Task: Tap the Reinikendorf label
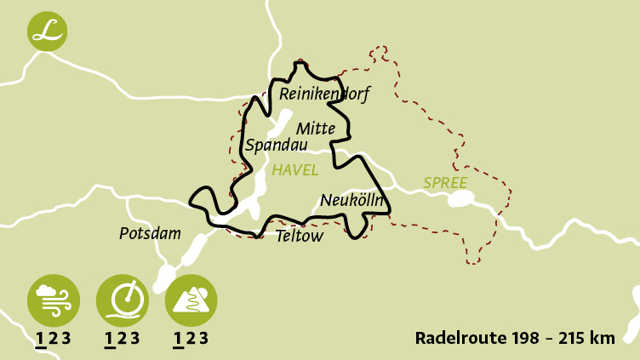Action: pyautogui.click(x=324, y=94)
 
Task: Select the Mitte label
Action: pyautogui.click(x=317, y=129)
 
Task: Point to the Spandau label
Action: pyautogui.click(x=276, y=146)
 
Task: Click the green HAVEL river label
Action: pyautogui.click(x=294, y=170)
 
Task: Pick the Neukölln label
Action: pyautogui.click(x=352, y=202)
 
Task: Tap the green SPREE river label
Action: pyautogui.click(x=445, y=183)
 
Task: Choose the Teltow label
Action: pyautogui.click(x=300, y=237)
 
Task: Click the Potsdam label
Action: pyautogui.click(x=150, y=233)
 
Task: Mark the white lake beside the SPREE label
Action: pyautogui.click(x=460, y=200)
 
